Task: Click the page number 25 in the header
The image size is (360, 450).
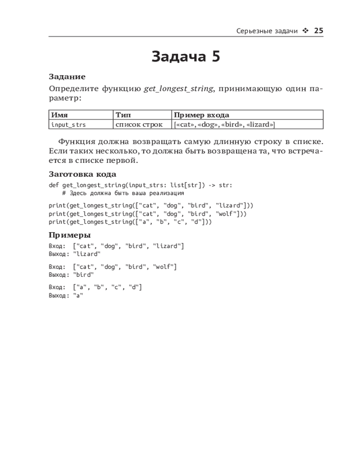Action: pos(318,31)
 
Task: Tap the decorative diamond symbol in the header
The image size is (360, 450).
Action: pos(306,31)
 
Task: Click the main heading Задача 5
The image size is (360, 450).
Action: pos(186,57)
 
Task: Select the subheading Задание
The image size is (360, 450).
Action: pos(67,77)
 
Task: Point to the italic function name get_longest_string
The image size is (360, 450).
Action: pos(178,89)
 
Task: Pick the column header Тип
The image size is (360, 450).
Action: pos(123,115)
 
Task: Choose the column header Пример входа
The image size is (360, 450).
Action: pos(201,115)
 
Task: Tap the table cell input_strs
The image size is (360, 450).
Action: pos(68,125)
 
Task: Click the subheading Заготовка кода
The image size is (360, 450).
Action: pos(82,174)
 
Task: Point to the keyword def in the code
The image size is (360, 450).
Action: pos(54,185)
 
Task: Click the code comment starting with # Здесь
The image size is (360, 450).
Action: pos(123,193)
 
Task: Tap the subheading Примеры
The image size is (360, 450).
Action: pos(70,235)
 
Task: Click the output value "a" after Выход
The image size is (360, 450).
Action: pos(78,295)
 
